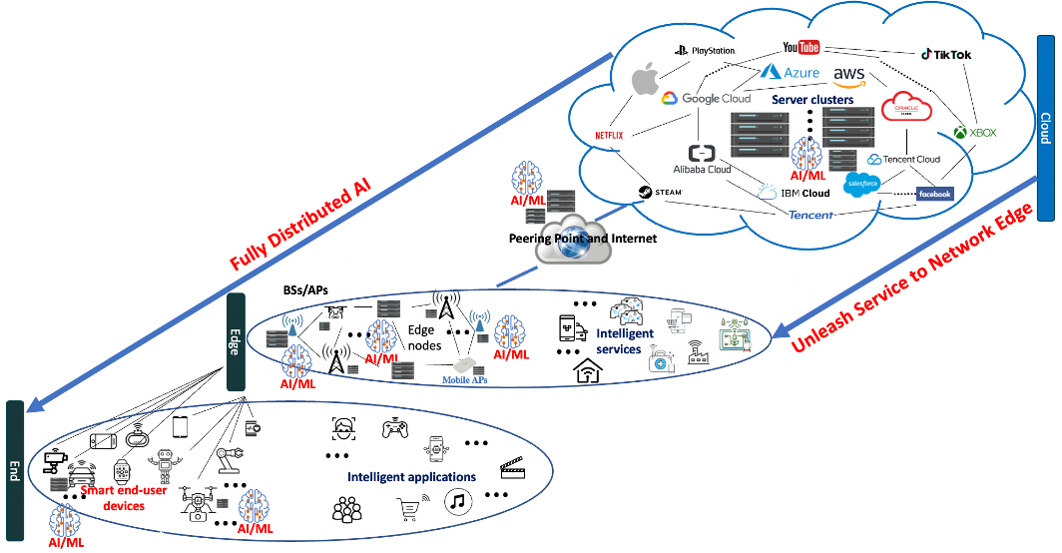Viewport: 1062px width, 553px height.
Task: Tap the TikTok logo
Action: coord(945,55)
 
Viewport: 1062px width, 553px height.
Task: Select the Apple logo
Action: coord(648,81)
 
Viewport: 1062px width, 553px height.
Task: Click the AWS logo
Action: coord(849,77)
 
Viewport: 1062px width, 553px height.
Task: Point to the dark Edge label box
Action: coord(237,341)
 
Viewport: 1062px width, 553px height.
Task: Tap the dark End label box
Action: coord(14,469)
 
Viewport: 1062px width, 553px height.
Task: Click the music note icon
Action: coord(456,501)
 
